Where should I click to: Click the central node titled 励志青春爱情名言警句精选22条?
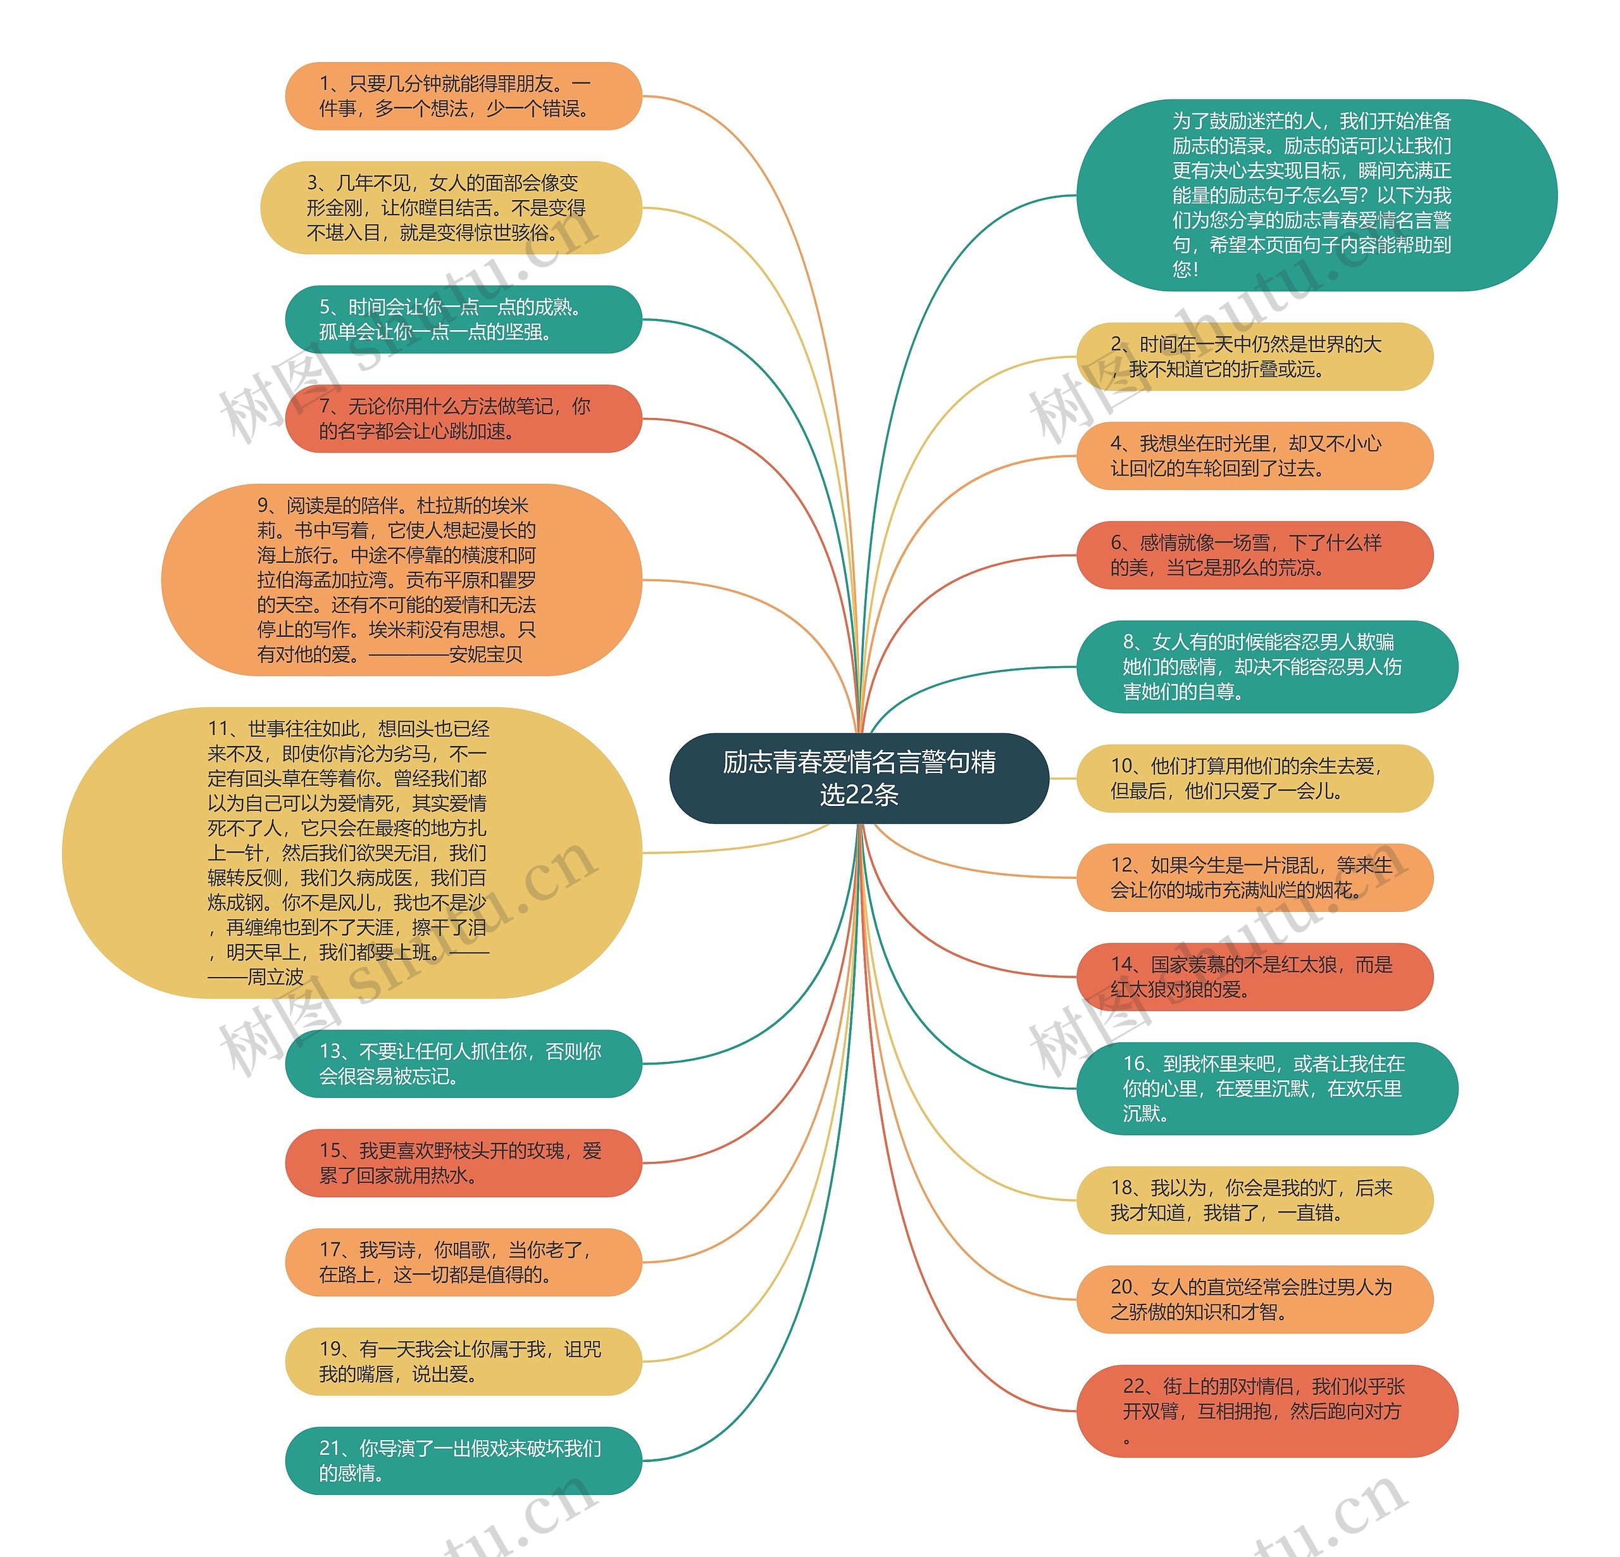coord(859,778)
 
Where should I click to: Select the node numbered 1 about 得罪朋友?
coord(463,96)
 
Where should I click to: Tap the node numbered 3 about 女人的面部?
coord(451,208)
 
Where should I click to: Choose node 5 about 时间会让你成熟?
coord(463,319)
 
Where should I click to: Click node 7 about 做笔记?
coord(463,419)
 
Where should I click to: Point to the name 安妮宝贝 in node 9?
coord(486,655)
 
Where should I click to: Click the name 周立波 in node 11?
coord(275,978)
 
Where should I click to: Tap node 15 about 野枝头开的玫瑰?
coord(463,1163)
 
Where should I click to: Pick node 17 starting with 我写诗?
coord(463,1262)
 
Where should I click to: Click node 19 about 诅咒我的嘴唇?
coord(463,1361)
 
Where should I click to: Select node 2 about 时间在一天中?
coord(1254,356)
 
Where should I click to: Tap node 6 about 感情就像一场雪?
coord(1254,555)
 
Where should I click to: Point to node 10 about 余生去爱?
coord(1254,778)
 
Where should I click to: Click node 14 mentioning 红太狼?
coord(1254,976)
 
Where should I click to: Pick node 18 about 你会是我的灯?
coord(1254,1200)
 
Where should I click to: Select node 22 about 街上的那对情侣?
coord(1266,1411)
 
